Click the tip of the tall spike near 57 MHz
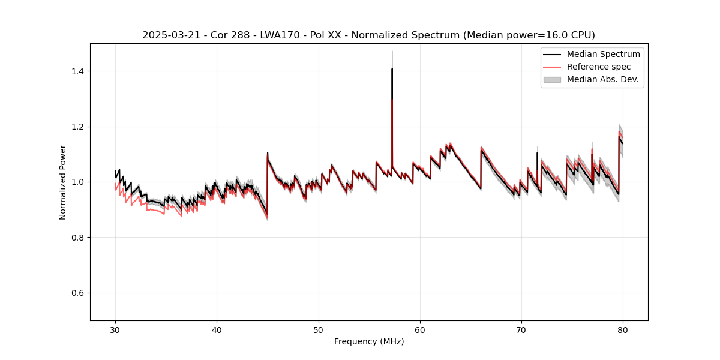click(x=392, y=69)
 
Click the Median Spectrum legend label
click(x=603, y=54)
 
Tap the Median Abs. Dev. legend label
click(x=602, y=79)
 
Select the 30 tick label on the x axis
click(x=115, y=330)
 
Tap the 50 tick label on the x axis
click(x=318, y=330)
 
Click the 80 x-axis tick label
click(x=623, y=330)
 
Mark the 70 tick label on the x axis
click(x=521, y=330)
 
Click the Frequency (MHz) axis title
click(x=369, y=341)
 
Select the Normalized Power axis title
click(x=63, y=182)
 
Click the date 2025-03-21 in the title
click(x=167, y=35)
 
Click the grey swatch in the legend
click(x=552, y=79)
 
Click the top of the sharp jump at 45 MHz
click(x=268, y=152)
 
